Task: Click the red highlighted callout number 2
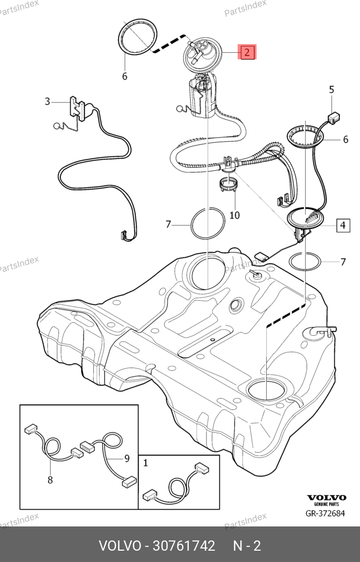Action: point(247,52)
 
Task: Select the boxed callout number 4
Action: point(343,225)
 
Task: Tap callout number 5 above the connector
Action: point(331,89)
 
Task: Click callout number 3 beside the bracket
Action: point(47,101)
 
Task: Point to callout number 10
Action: point(234,216)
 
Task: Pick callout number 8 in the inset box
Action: point(50,480)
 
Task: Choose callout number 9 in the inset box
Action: point(127,459)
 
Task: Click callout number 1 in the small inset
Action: point(146,462)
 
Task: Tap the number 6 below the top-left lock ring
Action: point(124,77)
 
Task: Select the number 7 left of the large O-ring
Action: point(168,224)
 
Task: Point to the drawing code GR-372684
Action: point(325,513)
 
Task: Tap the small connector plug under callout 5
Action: point(334,116)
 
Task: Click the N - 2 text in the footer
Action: point(246,546)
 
